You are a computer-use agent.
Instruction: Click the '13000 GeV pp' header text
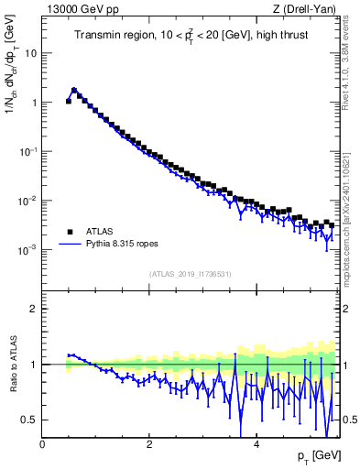coord(80,11)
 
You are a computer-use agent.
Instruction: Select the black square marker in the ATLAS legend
coord(70,232)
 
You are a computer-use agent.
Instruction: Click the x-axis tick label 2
coord(149,444)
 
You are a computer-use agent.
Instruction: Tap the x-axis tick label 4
coord(256,444)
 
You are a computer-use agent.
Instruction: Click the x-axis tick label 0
coord(43,444)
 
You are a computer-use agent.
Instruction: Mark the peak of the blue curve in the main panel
coord(74,90)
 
